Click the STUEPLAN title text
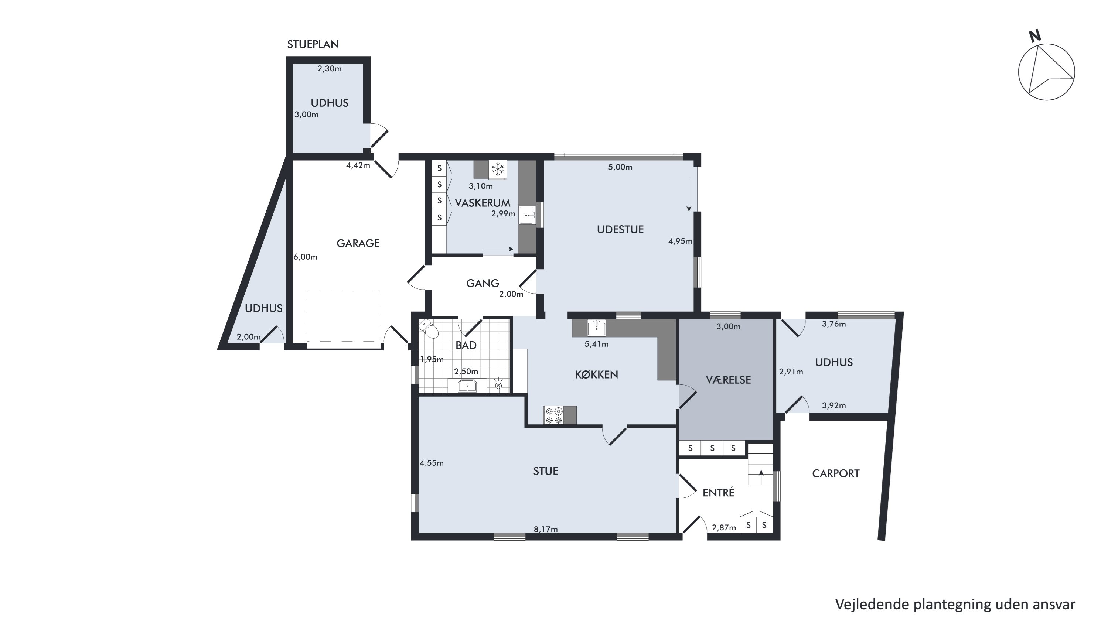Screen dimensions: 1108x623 coord(313,44)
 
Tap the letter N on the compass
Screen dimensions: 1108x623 coord(1035,36)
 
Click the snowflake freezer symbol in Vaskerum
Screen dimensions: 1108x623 coord(498,169)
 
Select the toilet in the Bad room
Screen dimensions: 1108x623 coord(429,329)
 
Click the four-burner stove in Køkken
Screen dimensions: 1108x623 coord(553,415)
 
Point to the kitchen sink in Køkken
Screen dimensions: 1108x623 coord(597,328)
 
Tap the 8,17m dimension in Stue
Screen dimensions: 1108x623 coord(545,529)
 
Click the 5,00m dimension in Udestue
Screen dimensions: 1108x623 coord(620,167)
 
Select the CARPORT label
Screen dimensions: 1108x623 coord(836,474)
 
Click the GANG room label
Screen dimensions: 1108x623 coord(483,283)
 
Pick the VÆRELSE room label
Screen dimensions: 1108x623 coord(728,380)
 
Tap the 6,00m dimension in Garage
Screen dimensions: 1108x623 coord(306,257)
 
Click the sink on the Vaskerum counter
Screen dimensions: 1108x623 coord(528,215)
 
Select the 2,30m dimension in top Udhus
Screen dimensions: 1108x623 coord(330,69)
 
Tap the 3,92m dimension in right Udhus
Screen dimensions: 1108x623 coord(833,405)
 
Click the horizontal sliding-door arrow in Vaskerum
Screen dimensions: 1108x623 coord(498,249)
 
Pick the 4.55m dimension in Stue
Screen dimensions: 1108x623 coord(432,463)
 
